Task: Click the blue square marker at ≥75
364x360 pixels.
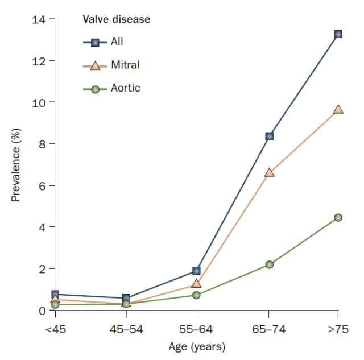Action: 338,34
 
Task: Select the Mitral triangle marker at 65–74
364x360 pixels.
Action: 269,172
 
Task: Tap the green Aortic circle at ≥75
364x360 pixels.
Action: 338,217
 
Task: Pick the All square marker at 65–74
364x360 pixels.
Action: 269,136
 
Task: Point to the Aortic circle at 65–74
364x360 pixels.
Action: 269,264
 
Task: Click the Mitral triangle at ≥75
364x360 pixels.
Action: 338,110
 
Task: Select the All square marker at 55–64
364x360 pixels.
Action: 196,271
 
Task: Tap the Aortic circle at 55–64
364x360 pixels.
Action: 196,295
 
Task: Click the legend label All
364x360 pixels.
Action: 117,42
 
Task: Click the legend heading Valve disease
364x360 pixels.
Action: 117,20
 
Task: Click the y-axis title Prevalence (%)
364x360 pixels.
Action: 16,165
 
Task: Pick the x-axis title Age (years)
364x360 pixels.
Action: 197,346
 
